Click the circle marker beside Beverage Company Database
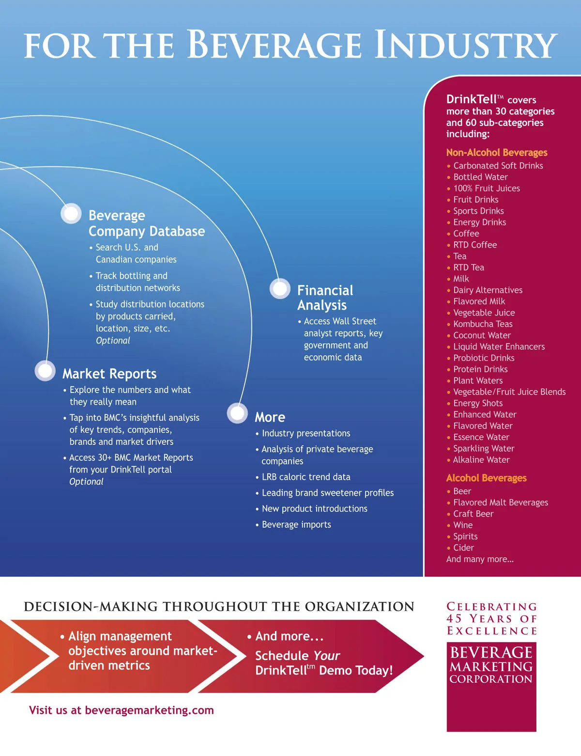[71, 213]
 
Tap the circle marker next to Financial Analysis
[280, 289]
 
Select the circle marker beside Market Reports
[45, 371]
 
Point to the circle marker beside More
[237, 413]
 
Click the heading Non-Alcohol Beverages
[497, 153]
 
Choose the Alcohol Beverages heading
[486, 478]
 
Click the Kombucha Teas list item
[483, 324]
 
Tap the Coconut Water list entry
[482, 335]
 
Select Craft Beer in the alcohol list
[473, 514]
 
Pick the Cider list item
[463, 548]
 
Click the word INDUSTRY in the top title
[466, 45]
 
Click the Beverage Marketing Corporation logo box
[491, 687]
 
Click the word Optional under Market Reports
[86, 482]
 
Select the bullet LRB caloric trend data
[306, 477]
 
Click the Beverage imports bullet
[296, 525]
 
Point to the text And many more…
[480, 559]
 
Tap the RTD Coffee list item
[475, 245]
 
